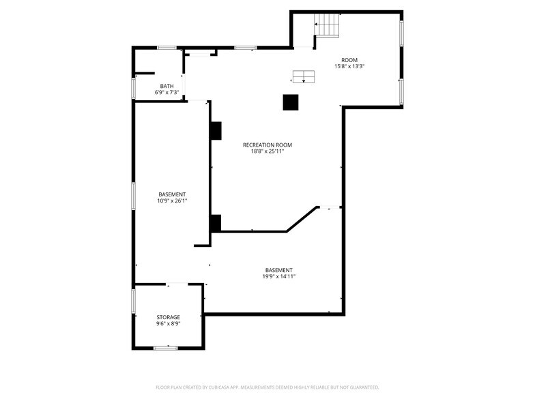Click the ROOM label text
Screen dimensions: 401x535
349,60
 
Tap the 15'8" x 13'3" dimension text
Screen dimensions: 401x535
349,67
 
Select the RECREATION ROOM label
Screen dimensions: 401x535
267,145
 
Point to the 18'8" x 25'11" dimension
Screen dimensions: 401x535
267,151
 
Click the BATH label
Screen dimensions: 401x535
167,86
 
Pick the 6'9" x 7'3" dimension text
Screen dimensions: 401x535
167,93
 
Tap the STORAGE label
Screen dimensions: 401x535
168,317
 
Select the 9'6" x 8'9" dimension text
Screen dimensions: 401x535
168,324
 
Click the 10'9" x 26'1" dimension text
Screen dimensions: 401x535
172,201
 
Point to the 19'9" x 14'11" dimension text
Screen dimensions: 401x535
278,276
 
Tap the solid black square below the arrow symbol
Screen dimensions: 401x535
291,102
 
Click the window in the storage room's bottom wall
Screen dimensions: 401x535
165,348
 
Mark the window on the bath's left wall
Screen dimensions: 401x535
134,89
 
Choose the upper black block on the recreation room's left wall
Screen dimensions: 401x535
216,130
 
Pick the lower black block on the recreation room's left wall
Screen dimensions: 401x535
216,223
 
